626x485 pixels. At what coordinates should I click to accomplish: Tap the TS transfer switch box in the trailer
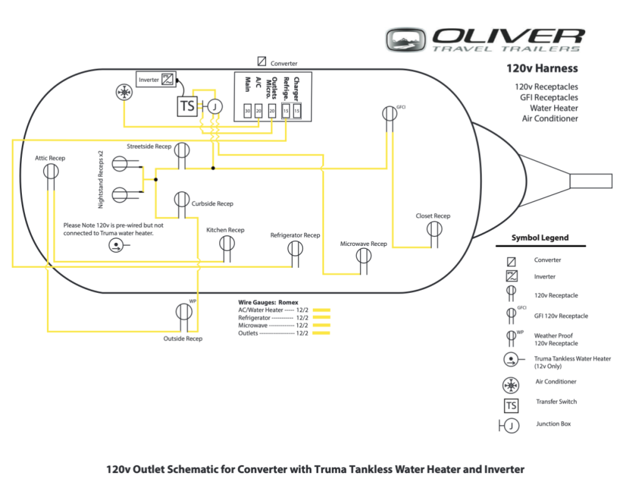[x=187, y=106]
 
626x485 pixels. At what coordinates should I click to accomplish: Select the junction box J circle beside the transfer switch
[x=215, y=106]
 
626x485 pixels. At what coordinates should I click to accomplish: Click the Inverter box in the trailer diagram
[x=156, y=79]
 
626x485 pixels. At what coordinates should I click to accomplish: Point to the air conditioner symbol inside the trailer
[x=125, y=93]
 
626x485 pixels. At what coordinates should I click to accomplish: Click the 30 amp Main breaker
[x=247, y=111]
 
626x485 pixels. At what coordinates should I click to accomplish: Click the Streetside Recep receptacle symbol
[x=182, y=150]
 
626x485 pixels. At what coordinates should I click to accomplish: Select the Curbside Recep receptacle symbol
[x=182, y=200]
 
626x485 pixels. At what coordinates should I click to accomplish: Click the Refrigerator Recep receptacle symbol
[x=295, y=248]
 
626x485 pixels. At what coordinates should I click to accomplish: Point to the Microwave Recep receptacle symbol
[x=363, y=255]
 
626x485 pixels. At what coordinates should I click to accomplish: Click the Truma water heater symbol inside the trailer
[x=115, y=246]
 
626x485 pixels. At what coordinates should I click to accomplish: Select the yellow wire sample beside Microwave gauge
[x=321, y=325]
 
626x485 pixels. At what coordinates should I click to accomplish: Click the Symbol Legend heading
[x=540, y=238]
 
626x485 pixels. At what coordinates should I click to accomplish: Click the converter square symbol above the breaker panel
[x=262, y=62]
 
